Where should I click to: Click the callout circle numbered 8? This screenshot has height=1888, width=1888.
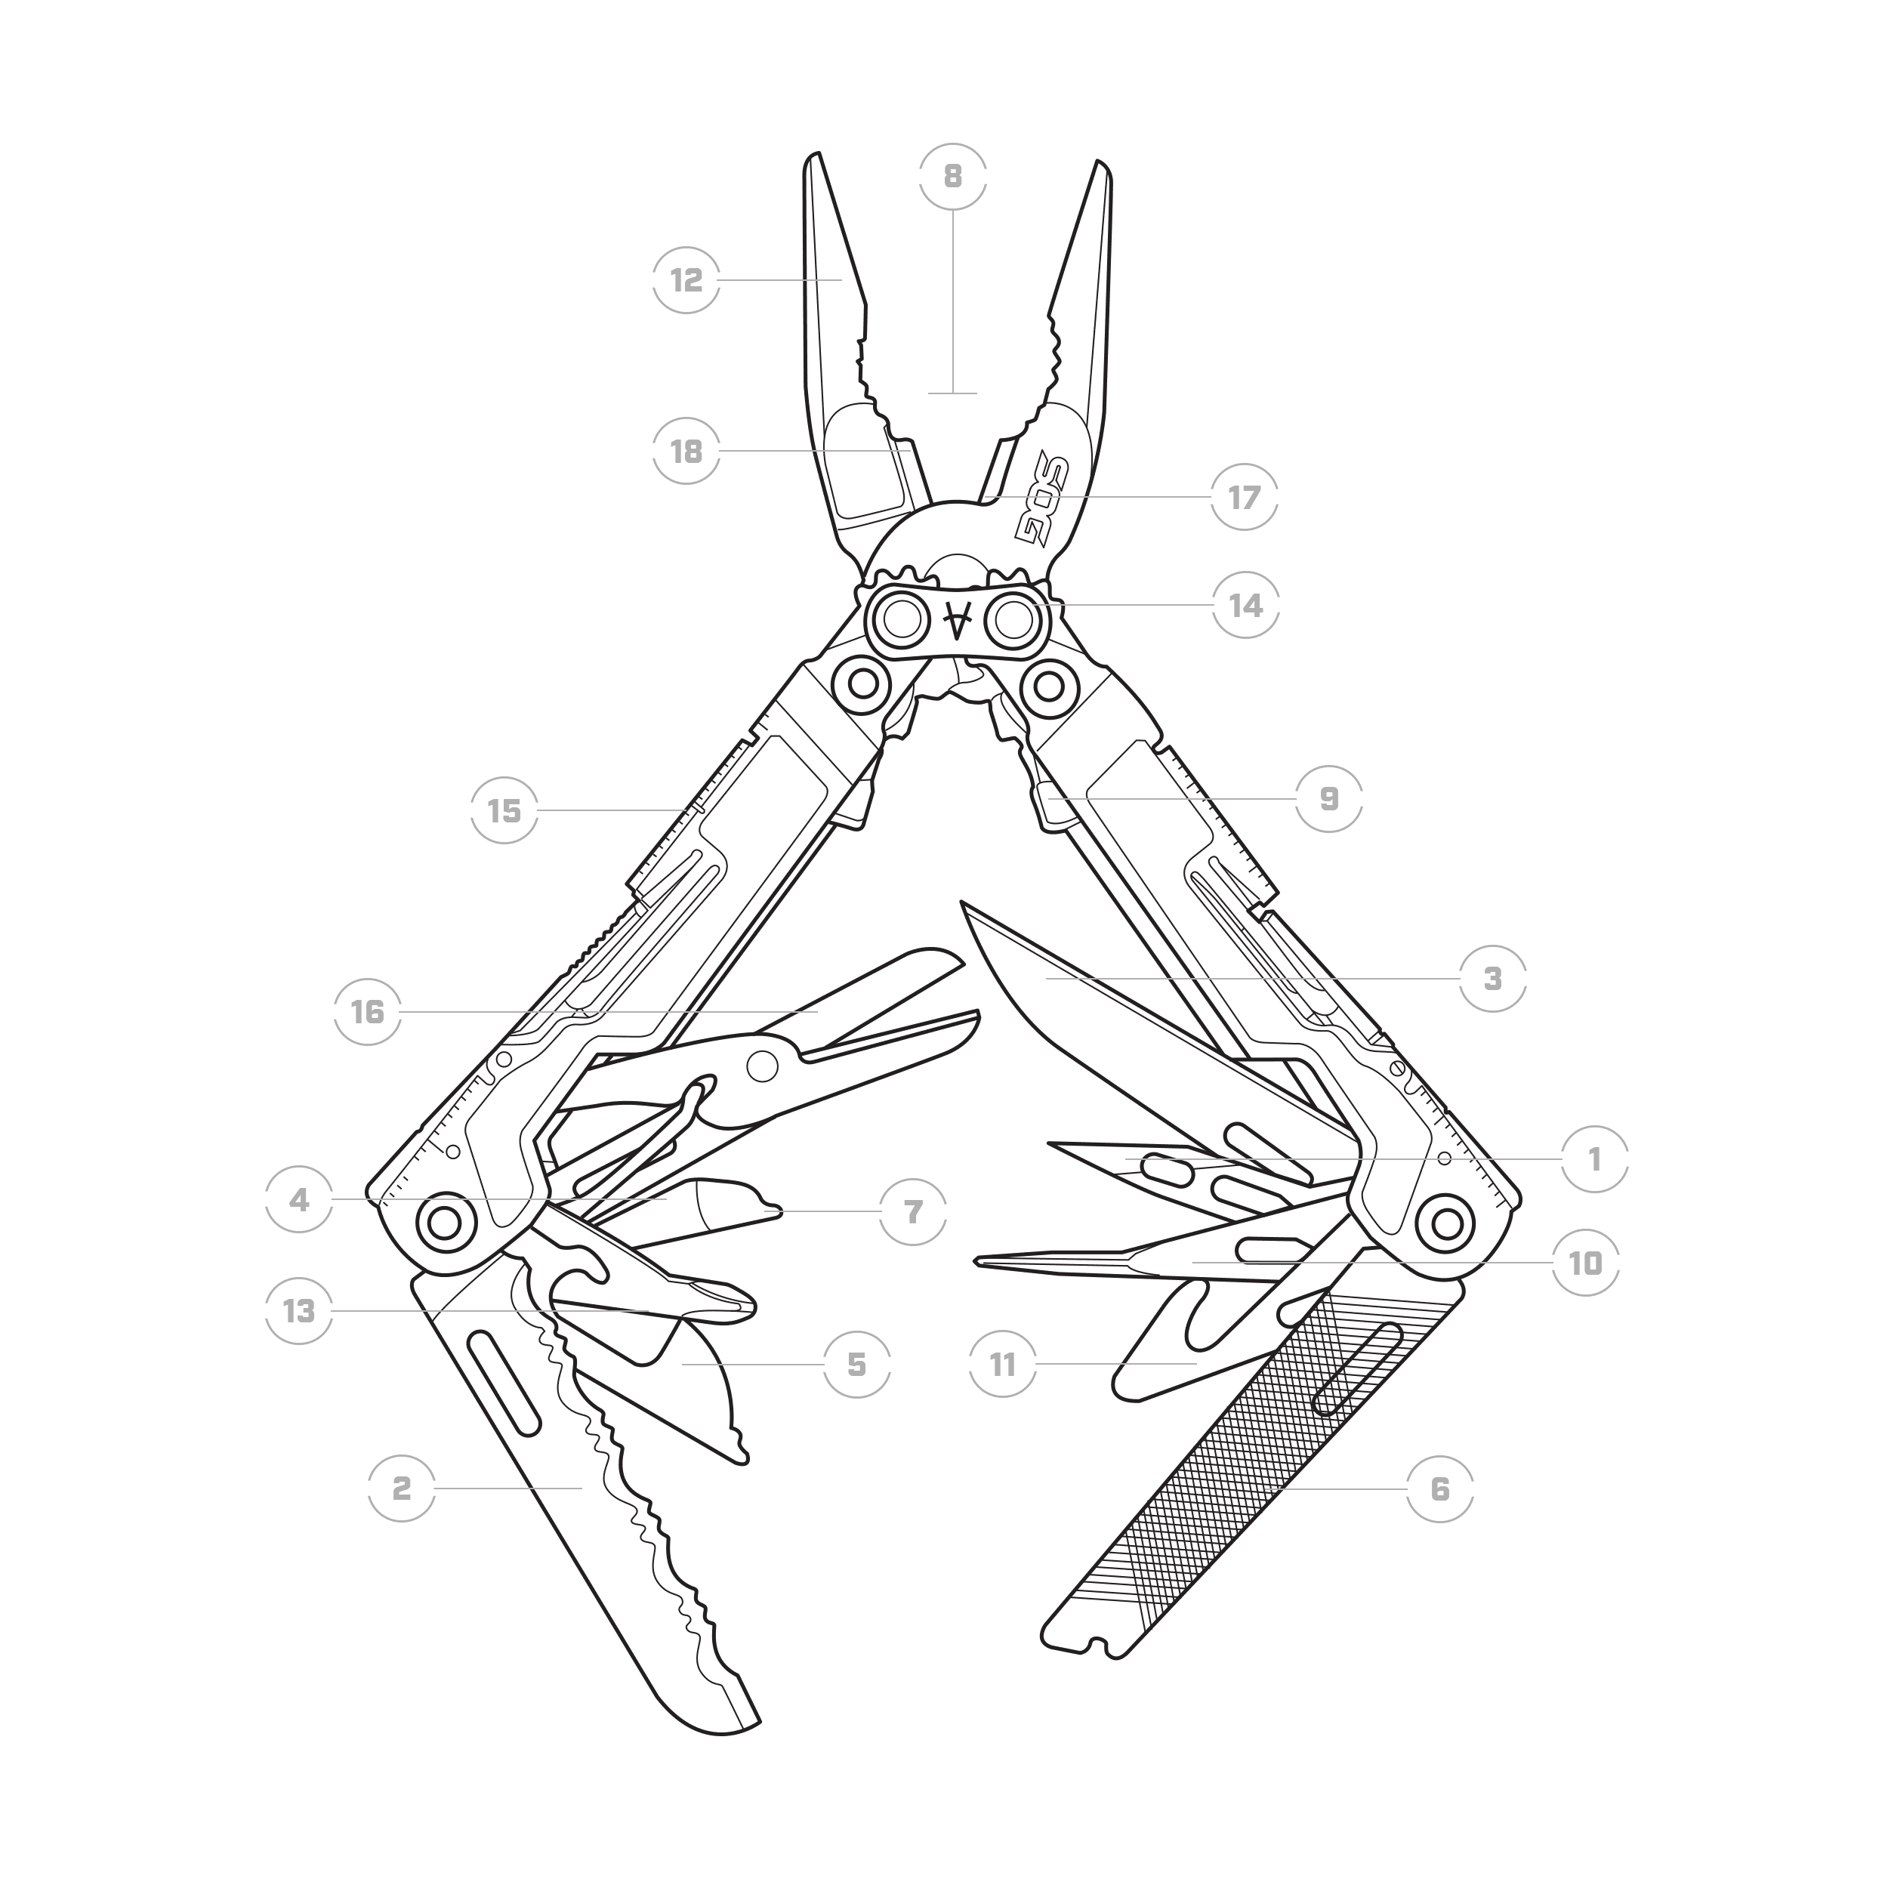pyautogui.click(x=953, y=177)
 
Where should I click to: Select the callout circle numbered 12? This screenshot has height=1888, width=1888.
pyautogui.click(x=687, y=280)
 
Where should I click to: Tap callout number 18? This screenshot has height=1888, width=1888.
pyautogui.click(x=687, y=452)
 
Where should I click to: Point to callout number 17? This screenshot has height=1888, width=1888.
pyautogui.click(x=1244, y=498)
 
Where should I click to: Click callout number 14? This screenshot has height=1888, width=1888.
pyautogui.click(x=1246, y=605)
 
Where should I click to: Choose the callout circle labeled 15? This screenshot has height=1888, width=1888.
pyautogui.click(x=504, y=810)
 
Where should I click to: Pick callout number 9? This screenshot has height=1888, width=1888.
pyautogui.click(x=1329, y=798)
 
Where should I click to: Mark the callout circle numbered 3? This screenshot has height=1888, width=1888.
pyautogui.click(x=1492, y=978)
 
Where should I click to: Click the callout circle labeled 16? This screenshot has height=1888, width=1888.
pyautogui.click(x=368, y=1011)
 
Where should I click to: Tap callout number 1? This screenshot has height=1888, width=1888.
pyautogui.click(x=1595, y=1159)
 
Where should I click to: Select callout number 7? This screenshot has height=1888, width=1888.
pyautogui.click(x=913, y=1212)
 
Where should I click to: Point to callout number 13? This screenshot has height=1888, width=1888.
pyautogui.click(x=299, y=1310)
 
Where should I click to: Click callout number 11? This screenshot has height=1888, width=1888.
pyautogui.click(x=1003, y=1364)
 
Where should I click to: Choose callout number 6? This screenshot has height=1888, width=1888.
pyautogui.click(x=1439, y=1489)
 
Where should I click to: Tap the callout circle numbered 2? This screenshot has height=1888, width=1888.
pyautogui.click(x=402, y=1488)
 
